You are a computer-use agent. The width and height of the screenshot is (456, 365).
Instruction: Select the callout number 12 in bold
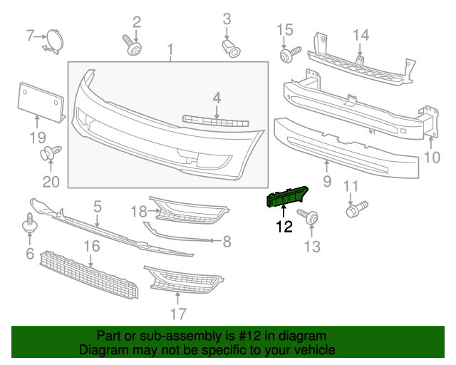284,227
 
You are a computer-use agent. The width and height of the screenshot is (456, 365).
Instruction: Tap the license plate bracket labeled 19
39,101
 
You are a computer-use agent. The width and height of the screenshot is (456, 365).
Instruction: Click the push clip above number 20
51,153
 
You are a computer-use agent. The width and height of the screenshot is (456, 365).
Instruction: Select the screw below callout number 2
133,47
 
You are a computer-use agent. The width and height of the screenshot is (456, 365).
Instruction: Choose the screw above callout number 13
309,216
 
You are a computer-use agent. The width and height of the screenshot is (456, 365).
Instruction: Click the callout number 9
327,182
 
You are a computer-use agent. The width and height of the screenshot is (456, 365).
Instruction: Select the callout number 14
361,35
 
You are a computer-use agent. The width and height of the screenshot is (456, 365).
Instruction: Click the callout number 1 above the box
170,49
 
